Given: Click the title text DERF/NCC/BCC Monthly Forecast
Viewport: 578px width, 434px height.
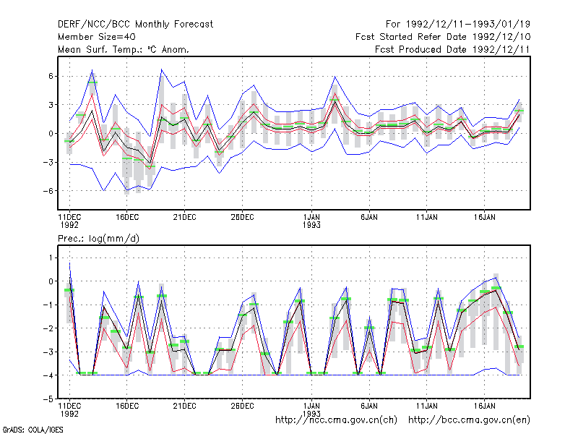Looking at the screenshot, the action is [135, 25].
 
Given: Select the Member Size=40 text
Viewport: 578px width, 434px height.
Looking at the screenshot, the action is [97, 37].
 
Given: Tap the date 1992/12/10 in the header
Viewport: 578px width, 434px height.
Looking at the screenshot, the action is [501, 37].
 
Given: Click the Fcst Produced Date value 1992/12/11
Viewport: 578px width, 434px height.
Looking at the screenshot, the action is [501, 49].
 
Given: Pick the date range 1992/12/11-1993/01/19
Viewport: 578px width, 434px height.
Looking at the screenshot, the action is [468, 25].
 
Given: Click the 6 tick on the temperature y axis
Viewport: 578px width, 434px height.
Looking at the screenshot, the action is [51, 76].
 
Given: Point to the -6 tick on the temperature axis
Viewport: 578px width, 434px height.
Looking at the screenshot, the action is [48, 191].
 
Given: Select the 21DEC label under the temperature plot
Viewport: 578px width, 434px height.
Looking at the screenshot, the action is [185, 218].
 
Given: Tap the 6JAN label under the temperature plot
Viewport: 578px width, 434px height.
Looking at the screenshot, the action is [369, 218].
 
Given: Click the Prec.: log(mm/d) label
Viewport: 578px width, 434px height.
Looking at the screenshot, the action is [98, 239].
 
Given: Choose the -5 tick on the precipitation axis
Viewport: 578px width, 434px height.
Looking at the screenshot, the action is [48, 399].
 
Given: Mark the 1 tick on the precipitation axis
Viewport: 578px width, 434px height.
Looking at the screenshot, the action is [51, 258].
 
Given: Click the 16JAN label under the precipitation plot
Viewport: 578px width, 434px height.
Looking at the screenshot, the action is [484, 406].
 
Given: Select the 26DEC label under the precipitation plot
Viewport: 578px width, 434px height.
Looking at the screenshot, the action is [242, 406].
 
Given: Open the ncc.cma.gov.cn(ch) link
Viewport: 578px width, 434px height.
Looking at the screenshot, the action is [336, 420].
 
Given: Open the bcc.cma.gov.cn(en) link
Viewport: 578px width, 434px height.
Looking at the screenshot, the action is [469, 420].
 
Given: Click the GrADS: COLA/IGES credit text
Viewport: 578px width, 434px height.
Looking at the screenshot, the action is [33, 430].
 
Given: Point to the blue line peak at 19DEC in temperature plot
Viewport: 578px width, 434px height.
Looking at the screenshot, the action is [161, 69].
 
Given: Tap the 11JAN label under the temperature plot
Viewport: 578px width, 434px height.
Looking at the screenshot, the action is [427, 218].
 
